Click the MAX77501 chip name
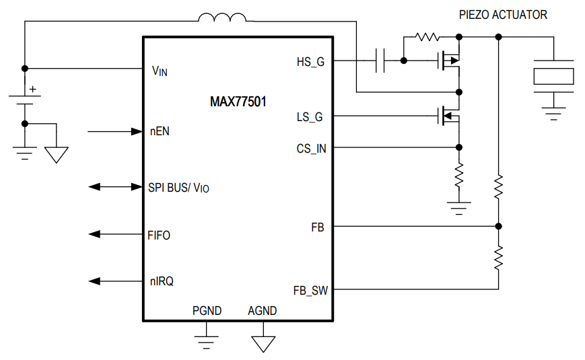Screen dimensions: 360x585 click(x=238, y=102)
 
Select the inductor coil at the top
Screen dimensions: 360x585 click(x=221, y=17)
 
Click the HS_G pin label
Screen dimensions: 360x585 click(x=310, y=62)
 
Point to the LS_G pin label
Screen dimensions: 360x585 click(x=310, y=117)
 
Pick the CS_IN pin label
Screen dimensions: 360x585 click(x=311, y=149)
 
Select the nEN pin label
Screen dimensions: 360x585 click(x=160, y=131)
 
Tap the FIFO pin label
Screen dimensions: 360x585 click(x=159, y=236)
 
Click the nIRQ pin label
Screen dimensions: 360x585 click(x=161, y=282)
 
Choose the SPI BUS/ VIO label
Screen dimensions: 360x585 click(x=178, y=188)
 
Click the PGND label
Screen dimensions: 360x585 click(x=207, y=311)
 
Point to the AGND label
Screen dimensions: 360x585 click(x=262, y=311)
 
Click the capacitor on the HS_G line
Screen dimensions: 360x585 click(x=380, y=61)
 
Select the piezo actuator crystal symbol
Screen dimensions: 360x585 click(x=553, y=75)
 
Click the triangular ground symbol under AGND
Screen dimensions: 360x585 click(x=263, y=343)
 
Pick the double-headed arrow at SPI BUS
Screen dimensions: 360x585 click(x=115, y=186)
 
